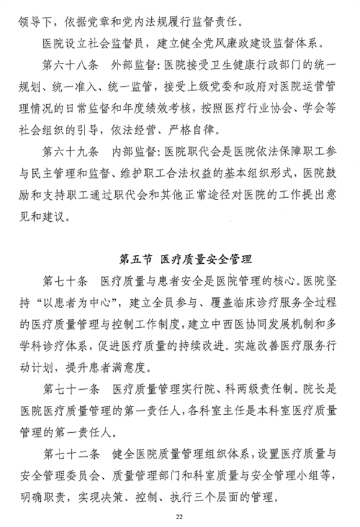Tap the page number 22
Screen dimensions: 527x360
(179, 517)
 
